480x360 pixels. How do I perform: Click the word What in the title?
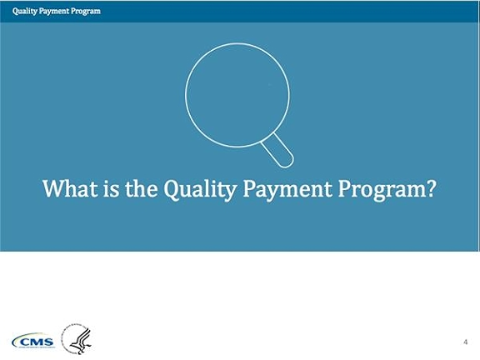[70, 188]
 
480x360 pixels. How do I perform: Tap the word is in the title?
[111, 188]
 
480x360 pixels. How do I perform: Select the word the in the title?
[141, 188]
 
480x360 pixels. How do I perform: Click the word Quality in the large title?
[200, 190]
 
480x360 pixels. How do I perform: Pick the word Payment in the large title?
[287, 190]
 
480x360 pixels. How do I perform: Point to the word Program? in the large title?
[387, 190]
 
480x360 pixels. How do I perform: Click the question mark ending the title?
[430, 188]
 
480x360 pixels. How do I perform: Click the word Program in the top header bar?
[86, 12]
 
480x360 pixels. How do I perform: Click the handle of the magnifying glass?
[277, 151]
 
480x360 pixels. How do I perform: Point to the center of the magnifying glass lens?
[237, 95]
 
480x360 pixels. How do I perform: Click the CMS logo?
[33, 341]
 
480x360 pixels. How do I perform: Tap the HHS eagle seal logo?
[77, 339]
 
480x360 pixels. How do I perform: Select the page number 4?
[466, 342]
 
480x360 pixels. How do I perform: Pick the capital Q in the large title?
[172, 189]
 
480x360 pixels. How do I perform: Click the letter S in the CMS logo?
[48, 342]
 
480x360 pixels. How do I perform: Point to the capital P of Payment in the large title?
[249, 188]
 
